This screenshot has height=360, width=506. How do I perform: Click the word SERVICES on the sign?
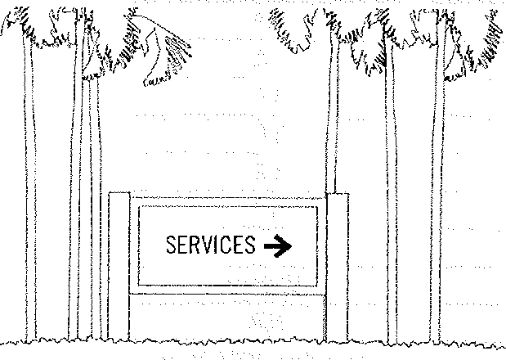[x=210, y=245]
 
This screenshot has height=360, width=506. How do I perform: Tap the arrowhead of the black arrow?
[x=285, y=245]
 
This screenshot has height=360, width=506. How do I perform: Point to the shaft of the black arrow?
[x=271, y=245]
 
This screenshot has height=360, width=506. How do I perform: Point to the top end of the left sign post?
[x=119, y=194]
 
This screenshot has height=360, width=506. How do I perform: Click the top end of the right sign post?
[x=337, y=195]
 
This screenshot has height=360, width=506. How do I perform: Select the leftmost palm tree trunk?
[x=31, y=205]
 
